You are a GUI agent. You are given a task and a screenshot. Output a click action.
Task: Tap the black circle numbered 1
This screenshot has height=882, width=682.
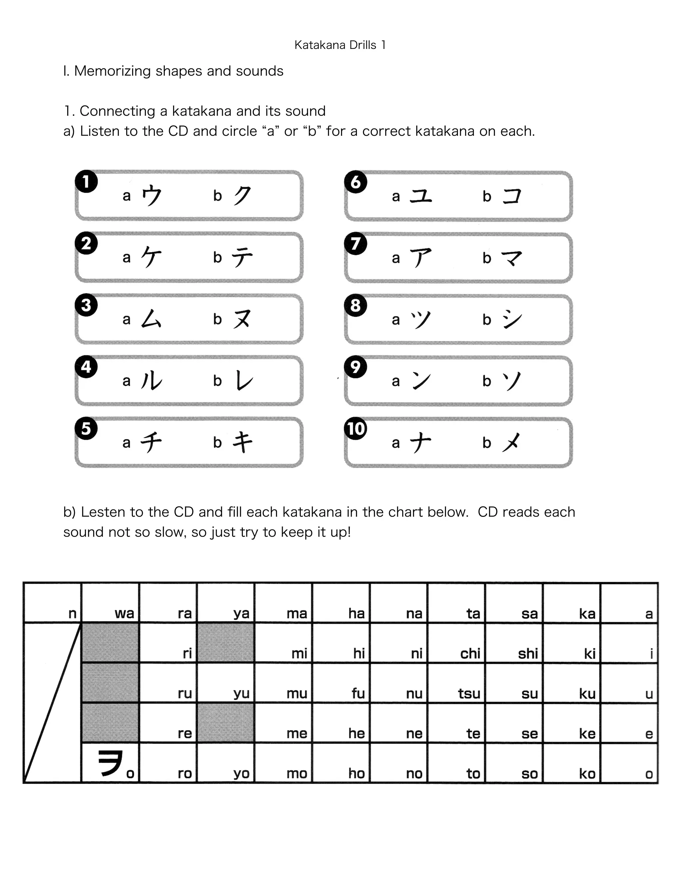tap(86, 182)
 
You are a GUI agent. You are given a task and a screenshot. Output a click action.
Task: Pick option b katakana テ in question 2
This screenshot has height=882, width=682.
tap(242, 257)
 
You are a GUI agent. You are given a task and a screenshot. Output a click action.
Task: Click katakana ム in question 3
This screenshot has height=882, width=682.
tap(152, 319)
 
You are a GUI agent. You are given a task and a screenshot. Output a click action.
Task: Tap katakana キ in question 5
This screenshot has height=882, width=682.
tap(242, 442)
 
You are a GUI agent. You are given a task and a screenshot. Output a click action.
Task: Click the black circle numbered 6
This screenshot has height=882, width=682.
tap(356, 182)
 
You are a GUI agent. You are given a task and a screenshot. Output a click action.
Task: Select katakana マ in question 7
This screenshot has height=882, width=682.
tap(512, 258)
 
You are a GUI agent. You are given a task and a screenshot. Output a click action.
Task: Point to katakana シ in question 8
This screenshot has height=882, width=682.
tap(512, 320)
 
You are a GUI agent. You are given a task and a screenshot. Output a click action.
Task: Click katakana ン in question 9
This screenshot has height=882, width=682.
tap(421, 381)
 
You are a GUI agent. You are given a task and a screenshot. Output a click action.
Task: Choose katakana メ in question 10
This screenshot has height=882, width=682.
tap(511, 443)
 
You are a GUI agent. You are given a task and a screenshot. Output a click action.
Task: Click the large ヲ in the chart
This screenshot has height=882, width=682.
tap(110, 763)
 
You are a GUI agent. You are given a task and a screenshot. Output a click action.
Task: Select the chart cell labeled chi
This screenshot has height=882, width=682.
tap(457, 643)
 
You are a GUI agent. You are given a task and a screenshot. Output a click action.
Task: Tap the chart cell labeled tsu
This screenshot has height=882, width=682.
tap(457, 683)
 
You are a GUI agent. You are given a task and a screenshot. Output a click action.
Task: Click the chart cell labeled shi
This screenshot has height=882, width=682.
tap(514, 643)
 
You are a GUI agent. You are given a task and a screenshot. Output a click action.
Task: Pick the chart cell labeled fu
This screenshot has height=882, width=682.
tap(341, 683)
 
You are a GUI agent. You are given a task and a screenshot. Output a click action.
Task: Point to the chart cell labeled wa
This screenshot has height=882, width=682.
tap(110, 602)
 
